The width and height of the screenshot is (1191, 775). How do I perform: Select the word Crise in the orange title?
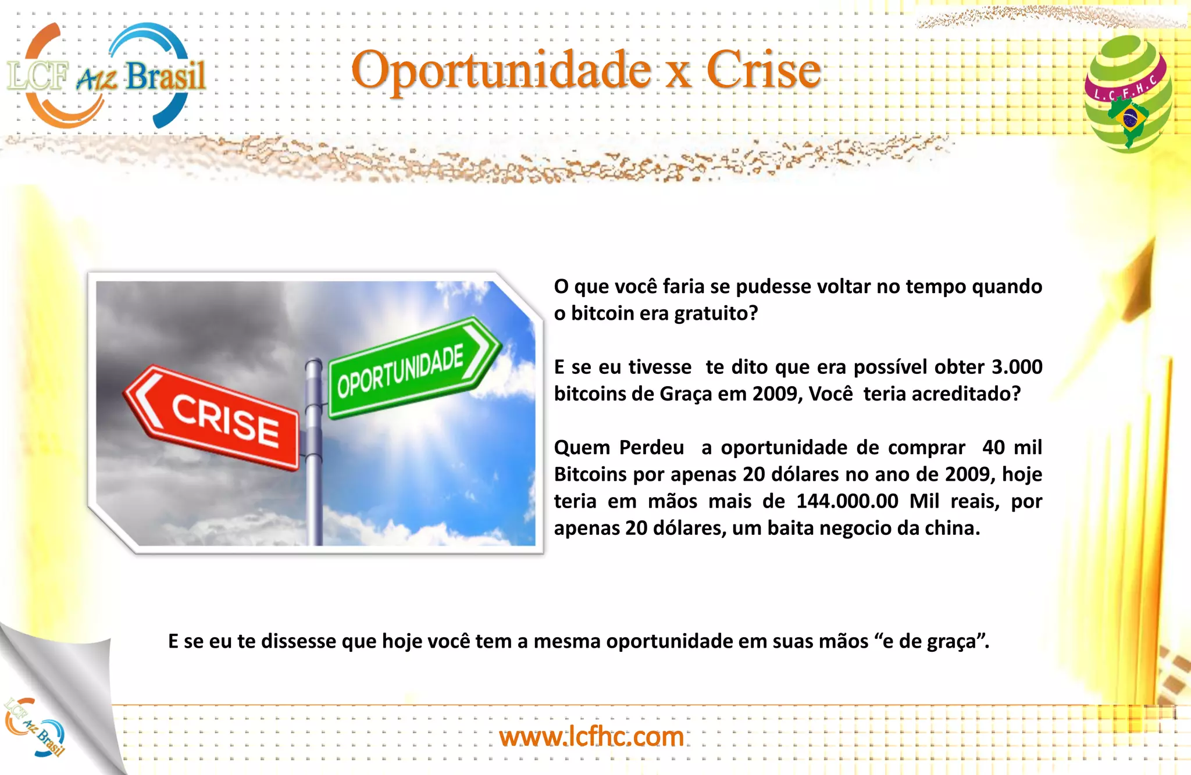pos(764,70)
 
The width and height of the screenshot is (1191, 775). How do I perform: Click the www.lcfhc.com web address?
pos(591,737)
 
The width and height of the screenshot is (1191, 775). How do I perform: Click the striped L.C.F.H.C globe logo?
pos(1128,93)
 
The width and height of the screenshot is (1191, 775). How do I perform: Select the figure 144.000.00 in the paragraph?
pos(847,501)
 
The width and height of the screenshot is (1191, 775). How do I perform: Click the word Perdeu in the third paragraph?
pos(651,448)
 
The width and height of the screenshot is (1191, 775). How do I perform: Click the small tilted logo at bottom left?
pos(35,727)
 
